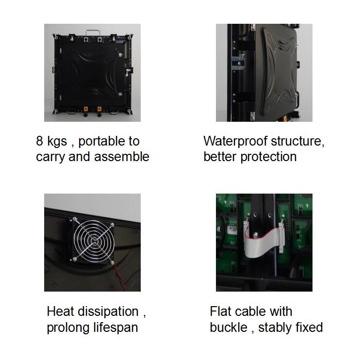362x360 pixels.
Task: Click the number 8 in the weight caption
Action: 39,141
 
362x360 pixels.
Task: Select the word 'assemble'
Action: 122,157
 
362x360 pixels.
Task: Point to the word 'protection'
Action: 268,157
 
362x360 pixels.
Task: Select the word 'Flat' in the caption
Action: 220,311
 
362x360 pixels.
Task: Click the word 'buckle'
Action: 229,327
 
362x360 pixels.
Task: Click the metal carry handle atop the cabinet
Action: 93,33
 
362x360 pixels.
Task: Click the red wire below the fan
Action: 120,278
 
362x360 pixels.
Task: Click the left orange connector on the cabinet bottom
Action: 86,109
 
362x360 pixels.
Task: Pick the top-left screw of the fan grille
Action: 75,219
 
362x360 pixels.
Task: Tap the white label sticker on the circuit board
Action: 232,230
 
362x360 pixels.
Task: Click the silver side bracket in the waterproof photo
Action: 238,62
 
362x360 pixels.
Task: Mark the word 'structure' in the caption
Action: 297,142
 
